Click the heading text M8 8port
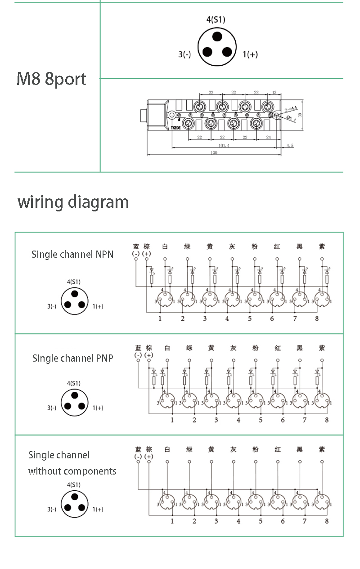[51, 79]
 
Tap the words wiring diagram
[73, 202]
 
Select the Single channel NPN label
[72, 254]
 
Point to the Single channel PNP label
[72, 358]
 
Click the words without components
[72, 471]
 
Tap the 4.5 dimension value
[289, 146]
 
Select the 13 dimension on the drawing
[274, 93]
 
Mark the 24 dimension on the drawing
[268, 138]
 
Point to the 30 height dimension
[300, 115]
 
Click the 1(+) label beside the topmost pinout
[250, 54]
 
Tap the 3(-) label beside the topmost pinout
[184, 54]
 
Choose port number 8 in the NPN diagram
[317, 318]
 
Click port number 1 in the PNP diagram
[172, 420]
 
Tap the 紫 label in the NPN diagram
[321, 246]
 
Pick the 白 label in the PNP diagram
[167, 348]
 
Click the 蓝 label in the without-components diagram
[138, 449]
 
